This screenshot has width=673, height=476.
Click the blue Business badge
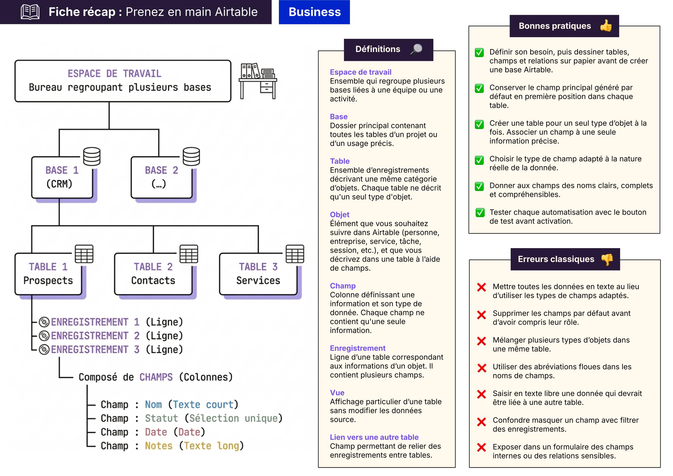pyautogui.click(x=314, y=12)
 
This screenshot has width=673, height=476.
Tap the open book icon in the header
pyautogui.click(x=30, y=12)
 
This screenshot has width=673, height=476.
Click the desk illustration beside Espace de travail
pyautogui.click(x=258, y=81)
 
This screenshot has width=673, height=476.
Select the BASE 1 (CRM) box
pyautogui.click(x=62, y=178)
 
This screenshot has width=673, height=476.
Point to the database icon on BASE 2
pyautogui.click(x=191, y=156)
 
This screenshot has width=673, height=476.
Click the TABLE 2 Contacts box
pyautogui.click(x=153, y=274)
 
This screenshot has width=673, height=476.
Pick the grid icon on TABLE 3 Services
pyautogui.click(x=295, y=254)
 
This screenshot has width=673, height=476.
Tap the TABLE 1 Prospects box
pyautogui.click(x=48, y=274)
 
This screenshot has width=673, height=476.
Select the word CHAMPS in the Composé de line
pyautogui.click(x=156, y=377)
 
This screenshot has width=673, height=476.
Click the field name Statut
pyautogui.click(x=161, y=418)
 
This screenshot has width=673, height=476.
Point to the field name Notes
pyautogui.click(x=159, y=446)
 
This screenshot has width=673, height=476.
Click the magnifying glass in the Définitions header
pyautogui.click(x=416, y=49)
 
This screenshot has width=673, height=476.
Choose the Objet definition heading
pyautogui.click(x=339, y=215)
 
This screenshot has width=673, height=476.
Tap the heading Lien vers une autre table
pyautogui.click(x=374, y=437)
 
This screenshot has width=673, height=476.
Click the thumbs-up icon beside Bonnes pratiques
pyautogui.click(x=606, y=26)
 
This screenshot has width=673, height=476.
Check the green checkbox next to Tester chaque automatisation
pyautogui.click(x=480, y=212)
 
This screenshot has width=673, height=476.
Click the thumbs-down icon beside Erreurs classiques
pyautogui.click(x=607, y=259)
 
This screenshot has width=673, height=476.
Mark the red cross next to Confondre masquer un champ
pyautogui.click(x=481, y=422)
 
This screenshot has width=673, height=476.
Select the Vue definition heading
pyautogui.click(x=337, y=393)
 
